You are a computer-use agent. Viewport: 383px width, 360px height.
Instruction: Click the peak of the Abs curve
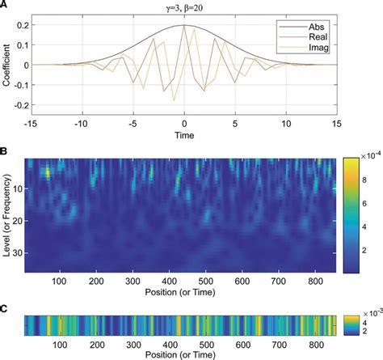(184, 26)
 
